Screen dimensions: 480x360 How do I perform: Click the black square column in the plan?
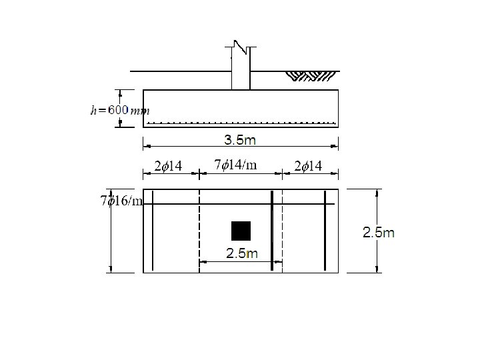click(x=241, y=231)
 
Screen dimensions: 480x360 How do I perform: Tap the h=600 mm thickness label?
click(x=120, y=110)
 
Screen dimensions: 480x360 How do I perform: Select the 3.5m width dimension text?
click(x=240, y=140)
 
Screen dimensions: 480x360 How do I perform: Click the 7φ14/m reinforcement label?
click(x=235, y=165)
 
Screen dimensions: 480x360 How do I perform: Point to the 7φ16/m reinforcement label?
click(x=121, y=201)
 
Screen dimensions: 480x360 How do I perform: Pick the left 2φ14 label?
click(x=168, y=166)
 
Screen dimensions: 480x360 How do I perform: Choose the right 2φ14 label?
click(x=308, y=166)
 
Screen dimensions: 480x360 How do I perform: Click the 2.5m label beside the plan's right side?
click(x=379, y=233)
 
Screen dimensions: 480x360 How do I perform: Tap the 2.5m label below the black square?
click(x=242, y=253)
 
